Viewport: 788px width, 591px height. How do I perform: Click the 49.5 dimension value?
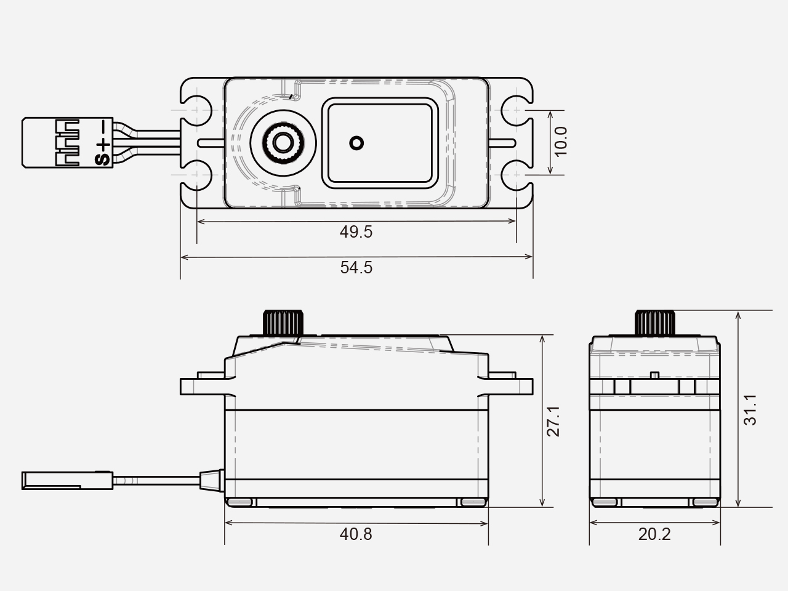coord(356,232)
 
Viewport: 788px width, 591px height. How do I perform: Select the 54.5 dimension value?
coord(356,268)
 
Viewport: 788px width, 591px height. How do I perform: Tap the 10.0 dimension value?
coord(561,142)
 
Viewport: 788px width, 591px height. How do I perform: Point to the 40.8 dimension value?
coord(356,534)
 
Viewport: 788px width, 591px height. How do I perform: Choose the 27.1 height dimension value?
coord(553,421)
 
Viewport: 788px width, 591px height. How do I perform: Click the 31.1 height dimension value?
coord(750,410)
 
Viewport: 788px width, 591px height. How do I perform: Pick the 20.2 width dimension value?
coord(654,534)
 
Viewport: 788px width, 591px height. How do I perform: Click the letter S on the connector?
coord(103,160)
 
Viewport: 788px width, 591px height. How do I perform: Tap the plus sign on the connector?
coord(103,145)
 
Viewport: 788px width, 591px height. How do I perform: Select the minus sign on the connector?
coord(103,127)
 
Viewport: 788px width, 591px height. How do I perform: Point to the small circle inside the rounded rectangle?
coord(356,143)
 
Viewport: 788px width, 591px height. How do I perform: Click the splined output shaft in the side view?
coord(284,323)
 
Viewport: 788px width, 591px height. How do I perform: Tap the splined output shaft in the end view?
coord(655,323)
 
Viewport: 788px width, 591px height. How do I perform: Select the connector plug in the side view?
coord(68,480)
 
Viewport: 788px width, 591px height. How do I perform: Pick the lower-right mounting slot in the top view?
coord(517,175)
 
